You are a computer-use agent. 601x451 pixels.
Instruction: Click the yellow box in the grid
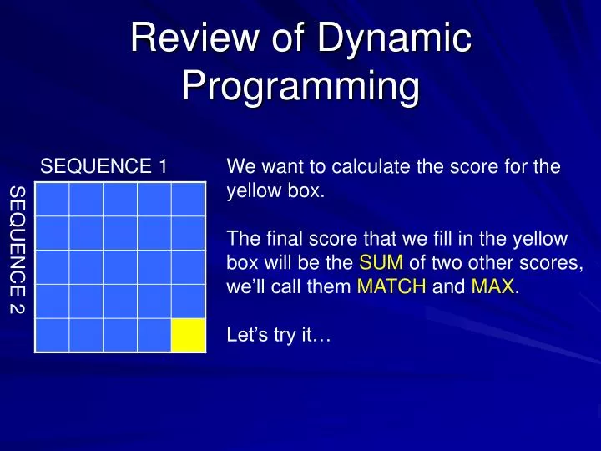click(188, 335)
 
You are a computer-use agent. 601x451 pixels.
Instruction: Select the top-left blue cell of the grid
click(52, 199)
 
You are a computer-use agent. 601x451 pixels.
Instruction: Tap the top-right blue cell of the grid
click(188, 199)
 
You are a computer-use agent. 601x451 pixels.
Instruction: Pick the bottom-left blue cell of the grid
click(52, 335)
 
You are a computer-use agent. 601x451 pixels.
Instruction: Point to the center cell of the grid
click(120, 267)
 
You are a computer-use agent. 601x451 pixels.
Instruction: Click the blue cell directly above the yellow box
click(188, 301)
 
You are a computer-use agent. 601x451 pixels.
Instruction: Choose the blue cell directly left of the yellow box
click(154, 335)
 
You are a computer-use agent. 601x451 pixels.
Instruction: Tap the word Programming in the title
click(300, 87)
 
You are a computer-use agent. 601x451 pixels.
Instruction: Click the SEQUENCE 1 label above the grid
click(105, 167)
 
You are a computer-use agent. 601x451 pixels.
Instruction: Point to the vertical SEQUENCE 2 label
click(17, 251)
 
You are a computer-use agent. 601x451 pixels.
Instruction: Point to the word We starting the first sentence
click(240, 167)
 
